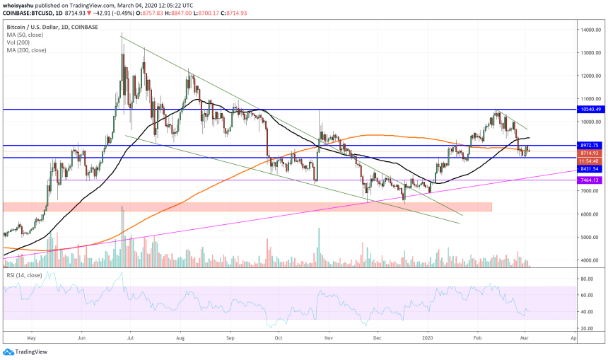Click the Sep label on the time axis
tap(230, 339)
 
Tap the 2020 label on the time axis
tap(428, 339)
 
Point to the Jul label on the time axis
tap(131, 339)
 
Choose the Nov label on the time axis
tap(329, 339)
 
